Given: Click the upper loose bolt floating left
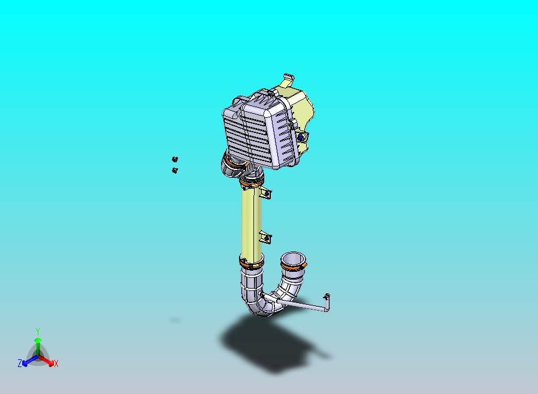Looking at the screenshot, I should point(175,159).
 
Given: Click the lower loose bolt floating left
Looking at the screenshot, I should point(175,171).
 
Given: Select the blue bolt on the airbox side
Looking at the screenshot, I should point(300,137).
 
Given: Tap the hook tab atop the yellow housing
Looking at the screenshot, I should point(288,78).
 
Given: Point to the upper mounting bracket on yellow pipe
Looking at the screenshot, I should point(266,193).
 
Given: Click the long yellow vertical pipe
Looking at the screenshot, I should point(251,222).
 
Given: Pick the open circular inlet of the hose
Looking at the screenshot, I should point(294,259).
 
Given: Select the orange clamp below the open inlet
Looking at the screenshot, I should point(294,269).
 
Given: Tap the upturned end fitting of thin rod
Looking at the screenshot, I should point(327,298).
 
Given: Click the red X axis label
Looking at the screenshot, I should point(56,363).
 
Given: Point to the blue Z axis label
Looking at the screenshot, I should point(20,363).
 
